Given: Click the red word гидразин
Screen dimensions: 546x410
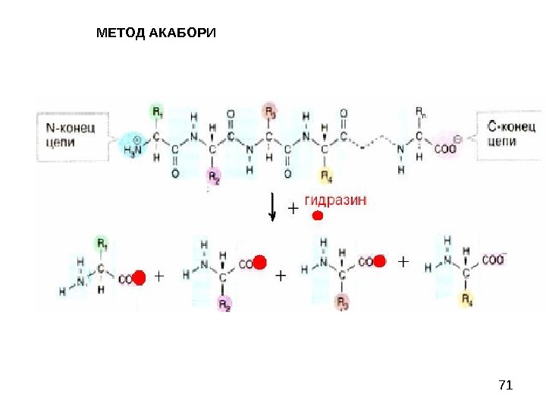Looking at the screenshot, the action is click(335, 200).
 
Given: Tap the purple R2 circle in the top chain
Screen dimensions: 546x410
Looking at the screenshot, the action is click(214, 177).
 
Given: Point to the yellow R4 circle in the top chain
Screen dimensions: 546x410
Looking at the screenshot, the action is click(325, 177).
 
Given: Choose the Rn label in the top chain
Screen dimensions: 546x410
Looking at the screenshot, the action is click(419, 112).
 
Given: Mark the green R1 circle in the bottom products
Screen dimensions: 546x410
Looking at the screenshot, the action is click(101, 244).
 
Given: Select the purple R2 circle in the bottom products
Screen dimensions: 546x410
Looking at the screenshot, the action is click(224, 304).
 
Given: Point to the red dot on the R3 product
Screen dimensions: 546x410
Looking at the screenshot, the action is click(379, 262).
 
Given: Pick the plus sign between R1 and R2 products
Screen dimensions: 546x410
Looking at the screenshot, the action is click(158, 277).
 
